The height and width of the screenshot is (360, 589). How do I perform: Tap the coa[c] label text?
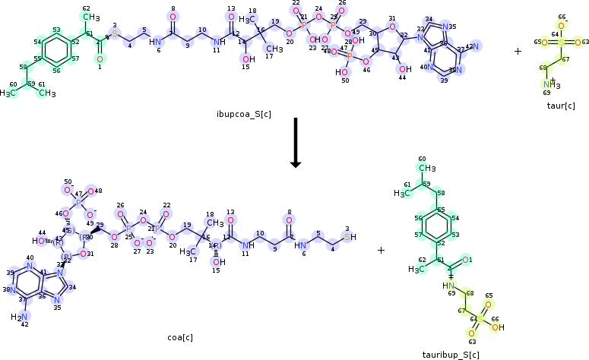pos(180,337)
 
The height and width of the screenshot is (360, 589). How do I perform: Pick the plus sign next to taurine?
pos(518,52)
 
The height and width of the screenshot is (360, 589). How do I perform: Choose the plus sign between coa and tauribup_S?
pos(381,250)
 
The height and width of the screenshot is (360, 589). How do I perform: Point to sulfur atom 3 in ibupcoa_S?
pos(115,33)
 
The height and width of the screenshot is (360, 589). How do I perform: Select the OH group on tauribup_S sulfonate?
pos(497,327)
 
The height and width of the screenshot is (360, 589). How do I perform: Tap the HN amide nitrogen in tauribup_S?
pos(450,286)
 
